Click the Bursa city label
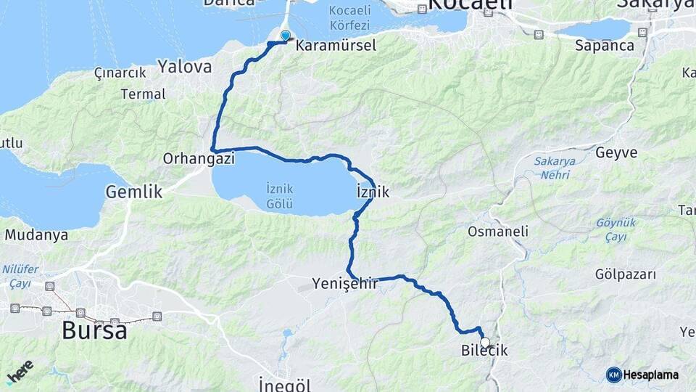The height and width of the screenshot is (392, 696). (x=94, y=330)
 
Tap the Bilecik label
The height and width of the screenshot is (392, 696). (x=484, y=351)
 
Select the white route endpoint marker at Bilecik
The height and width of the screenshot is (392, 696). (x=485, y=342)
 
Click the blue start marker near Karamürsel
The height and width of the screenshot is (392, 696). (x=285, y=35)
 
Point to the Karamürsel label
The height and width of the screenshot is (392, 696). (x=336, y=46)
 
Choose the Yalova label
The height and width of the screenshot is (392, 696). (x=185, y=68)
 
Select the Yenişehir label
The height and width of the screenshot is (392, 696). (x=345, y=283)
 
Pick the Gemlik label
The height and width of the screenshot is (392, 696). (x=134, y=192)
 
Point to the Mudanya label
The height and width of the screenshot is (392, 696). (x=36, y=235)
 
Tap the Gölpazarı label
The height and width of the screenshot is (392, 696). (x=625, y=274)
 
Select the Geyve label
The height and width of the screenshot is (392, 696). (x=616, y=152)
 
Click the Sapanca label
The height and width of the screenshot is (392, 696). (x=604, y=46)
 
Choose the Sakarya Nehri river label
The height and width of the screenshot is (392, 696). (x=552, y=168)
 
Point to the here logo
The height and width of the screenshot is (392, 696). (x=20, y=372)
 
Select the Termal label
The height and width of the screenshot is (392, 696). (x=144, y=94)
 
